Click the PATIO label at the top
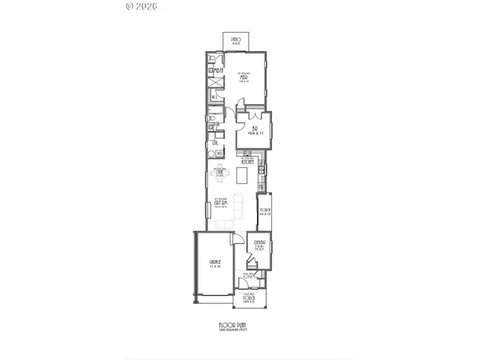236,39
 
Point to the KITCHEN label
246,160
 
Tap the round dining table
219,174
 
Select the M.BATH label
217,70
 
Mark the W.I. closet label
214,98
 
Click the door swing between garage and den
235,239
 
